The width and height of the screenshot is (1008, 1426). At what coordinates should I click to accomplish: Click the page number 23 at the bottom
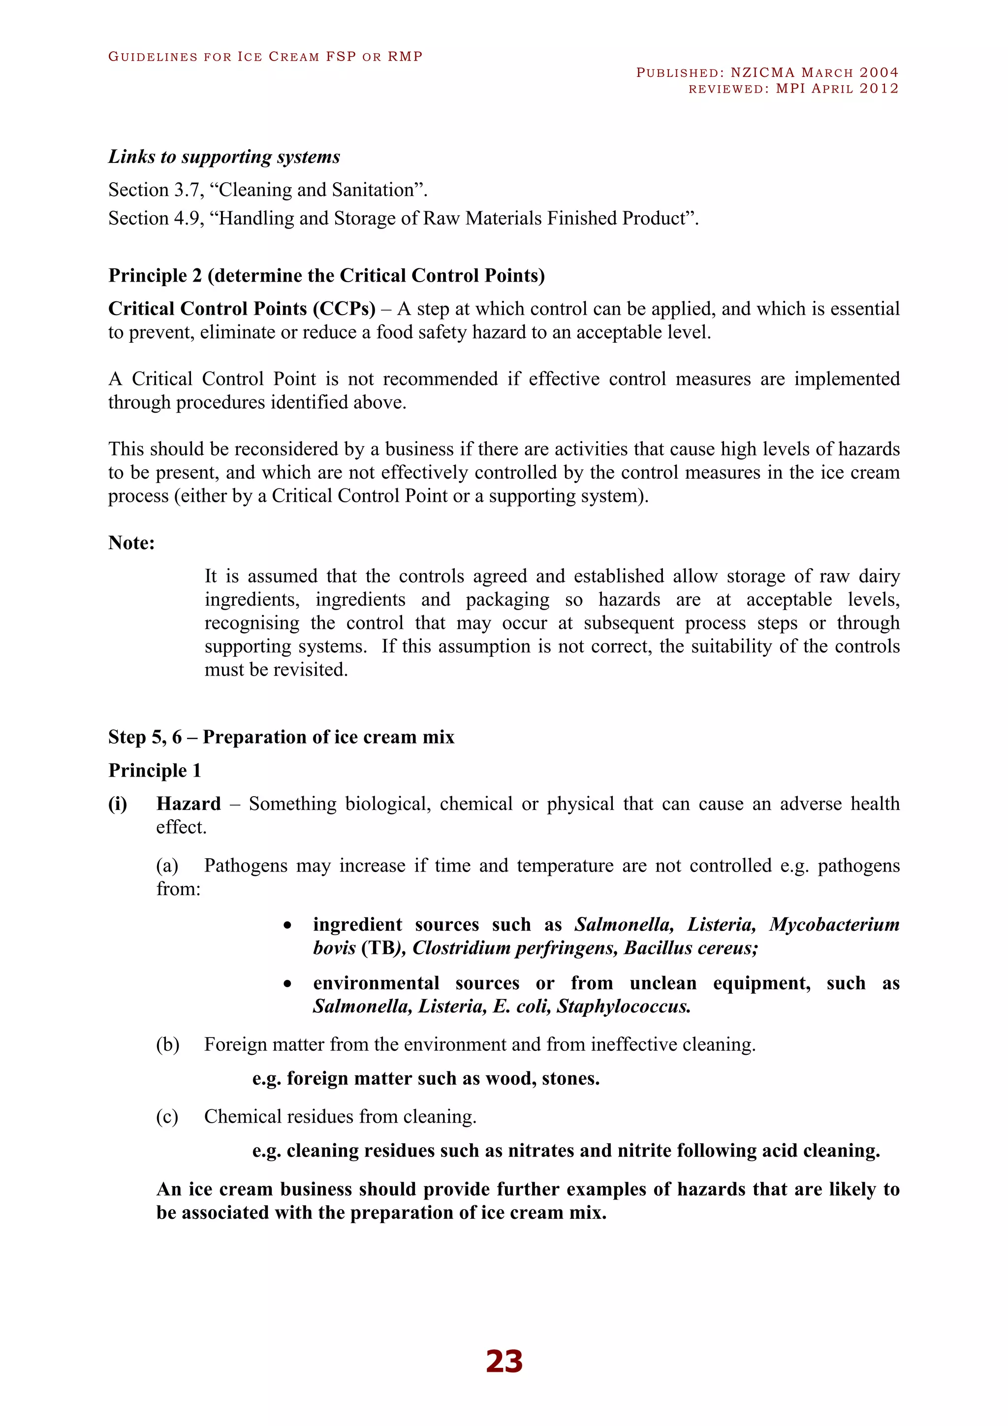[x=504, y=1361]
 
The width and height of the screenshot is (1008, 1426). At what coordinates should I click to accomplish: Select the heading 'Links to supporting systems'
[x=224, y=157]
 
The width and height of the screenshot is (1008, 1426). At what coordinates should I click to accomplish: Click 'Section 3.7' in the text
[x=154, y=190]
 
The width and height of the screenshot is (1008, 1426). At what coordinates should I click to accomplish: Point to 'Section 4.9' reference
[x=154, y=218]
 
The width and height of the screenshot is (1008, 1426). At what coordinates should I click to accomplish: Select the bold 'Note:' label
[x=131, y=543]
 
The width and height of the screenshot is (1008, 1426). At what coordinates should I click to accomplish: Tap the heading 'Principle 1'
[x=155, y=770]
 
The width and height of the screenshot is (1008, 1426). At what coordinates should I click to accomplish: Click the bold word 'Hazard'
[x=188, y=804]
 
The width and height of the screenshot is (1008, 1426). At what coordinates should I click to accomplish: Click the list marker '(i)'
[x=118, y=804]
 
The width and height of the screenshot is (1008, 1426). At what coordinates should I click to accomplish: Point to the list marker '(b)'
[x=167, y=1045]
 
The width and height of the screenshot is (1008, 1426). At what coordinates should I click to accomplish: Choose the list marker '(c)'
[x=167, y=1117]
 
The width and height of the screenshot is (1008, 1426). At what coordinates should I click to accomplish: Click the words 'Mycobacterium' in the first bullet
[x=834, y=924]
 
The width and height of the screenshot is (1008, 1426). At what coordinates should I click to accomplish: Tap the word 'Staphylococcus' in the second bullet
[x=623, y=1006]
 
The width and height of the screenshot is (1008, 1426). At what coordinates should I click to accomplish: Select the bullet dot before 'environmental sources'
[x=287, y=984]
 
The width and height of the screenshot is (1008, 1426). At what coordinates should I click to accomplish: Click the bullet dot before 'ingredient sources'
[x=287, y=925]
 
